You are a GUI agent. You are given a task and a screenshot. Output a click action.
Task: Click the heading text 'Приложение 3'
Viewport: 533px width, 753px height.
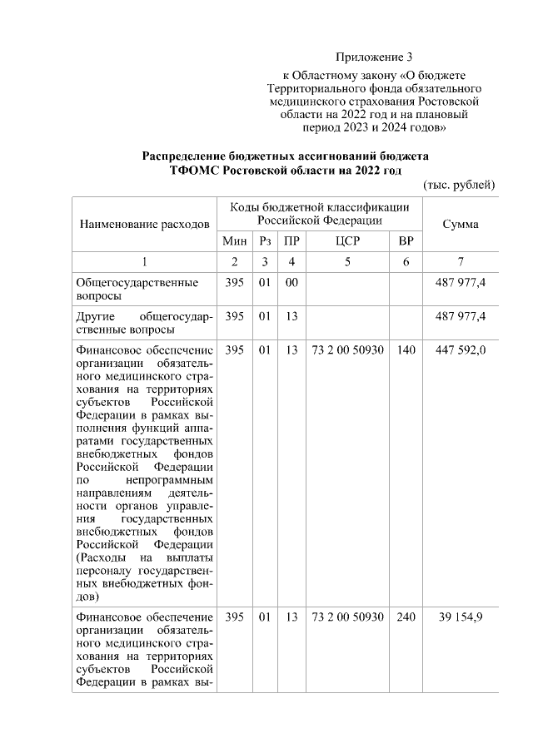click(374, 57)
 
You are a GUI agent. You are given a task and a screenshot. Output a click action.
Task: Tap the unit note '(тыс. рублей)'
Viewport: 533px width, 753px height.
click(459, 184)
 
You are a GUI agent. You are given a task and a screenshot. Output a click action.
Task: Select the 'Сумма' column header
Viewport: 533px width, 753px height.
click(461, 225)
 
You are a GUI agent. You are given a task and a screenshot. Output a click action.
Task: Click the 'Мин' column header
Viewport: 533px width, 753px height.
click(233, 241)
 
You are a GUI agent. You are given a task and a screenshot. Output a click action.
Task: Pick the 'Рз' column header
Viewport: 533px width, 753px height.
click(265, 241)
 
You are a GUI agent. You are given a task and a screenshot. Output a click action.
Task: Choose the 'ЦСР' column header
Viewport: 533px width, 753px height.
click(347, 241)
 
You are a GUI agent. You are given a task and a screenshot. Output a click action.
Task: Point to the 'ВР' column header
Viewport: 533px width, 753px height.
click(406, 241)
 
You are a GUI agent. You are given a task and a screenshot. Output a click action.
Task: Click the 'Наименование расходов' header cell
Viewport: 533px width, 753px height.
click(143, 225)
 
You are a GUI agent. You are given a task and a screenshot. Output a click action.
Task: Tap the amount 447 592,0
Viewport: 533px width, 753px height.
click(461, 350)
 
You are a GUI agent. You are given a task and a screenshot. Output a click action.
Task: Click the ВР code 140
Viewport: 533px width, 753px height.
click(406, 350)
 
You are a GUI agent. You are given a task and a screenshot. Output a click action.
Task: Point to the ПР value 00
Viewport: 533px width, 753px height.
click(291, 283)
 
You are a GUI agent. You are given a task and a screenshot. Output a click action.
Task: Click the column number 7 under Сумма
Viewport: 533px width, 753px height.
click(461, 262)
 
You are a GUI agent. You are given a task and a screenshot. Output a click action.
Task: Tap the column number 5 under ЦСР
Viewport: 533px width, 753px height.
click(347, 262)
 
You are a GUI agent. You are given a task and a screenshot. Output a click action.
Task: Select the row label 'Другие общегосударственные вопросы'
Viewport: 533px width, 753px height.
click(143, 323)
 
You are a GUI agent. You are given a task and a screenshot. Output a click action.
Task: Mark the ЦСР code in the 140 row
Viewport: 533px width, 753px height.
click(347, 350)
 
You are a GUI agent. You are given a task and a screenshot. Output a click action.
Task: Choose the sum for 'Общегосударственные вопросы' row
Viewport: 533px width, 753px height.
click(461, 283)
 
